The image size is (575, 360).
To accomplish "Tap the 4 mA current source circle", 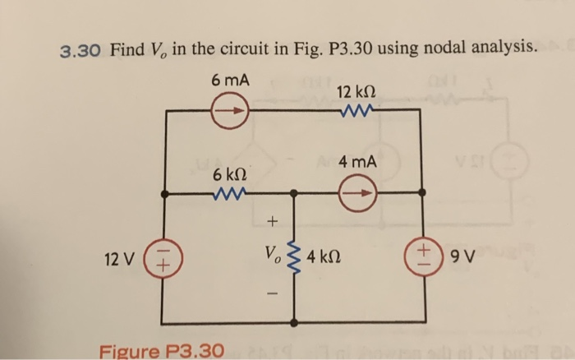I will (357, 195).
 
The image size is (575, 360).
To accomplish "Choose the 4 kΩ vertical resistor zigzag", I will (294, 259).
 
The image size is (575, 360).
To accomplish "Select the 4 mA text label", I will (357, 163).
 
